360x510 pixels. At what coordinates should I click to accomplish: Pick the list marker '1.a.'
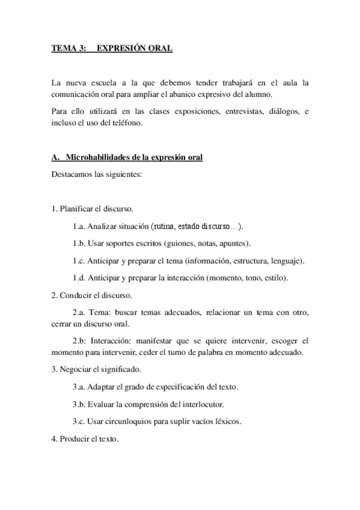pos(78,226)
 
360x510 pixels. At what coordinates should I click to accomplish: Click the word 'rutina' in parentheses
pos(163,226)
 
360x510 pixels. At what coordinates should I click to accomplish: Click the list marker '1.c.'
pos(78,261)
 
